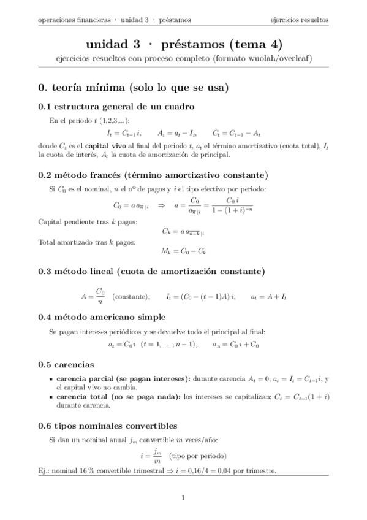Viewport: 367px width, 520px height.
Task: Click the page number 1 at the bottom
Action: [183, 498]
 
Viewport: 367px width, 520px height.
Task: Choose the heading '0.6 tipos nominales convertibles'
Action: [108, 426]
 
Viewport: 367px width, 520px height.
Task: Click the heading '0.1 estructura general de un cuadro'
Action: [116, 106]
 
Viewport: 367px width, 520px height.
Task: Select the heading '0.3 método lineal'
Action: [151, 271]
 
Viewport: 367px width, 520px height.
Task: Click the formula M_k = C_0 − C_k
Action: [183, 251]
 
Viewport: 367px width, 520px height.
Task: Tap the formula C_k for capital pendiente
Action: [183, 231]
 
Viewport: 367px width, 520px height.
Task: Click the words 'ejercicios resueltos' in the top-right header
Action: [300, 20]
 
